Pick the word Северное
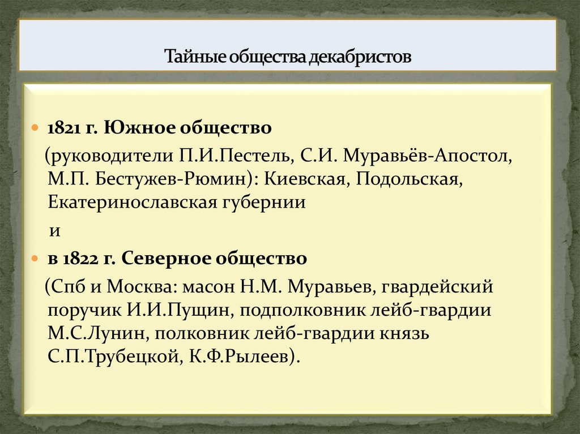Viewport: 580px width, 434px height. click(168, 259)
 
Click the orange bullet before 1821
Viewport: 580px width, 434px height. click(35, 127)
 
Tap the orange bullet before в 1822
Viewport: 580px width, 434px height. click(35, 259)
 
